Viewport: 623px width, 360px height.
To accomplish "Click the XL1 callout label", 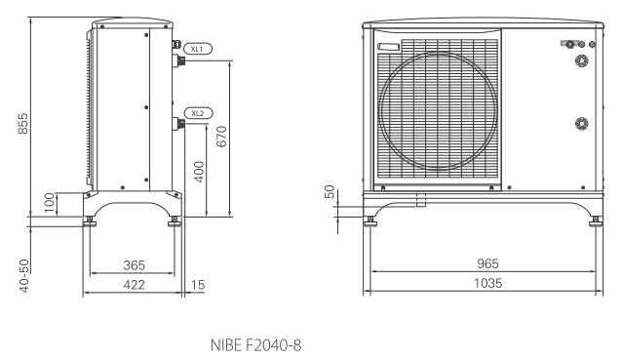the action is point(198,49).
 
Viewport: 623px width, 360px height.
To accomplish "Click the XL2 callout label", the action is point(198,113).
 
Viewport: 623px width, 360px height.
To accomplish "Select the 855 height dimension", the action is point(23,123).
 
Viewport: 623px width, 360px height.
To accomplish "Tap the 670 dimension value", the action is point(221,137).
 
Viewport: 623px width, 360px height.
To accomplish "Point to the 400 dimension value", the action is point(199,172).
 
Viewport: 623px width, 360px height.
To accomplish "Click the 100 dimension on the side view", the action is point(50,203).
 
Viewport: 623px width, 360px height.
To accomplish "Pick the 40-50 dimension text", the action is point(24,276).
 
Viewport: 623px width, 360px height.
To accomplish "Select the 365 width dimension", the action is point(135,265).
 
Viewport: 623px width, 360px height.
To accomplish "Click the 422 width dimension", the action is point(135,285).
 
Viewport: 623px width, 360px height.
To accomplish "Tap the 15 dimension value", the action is point(198,285).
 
